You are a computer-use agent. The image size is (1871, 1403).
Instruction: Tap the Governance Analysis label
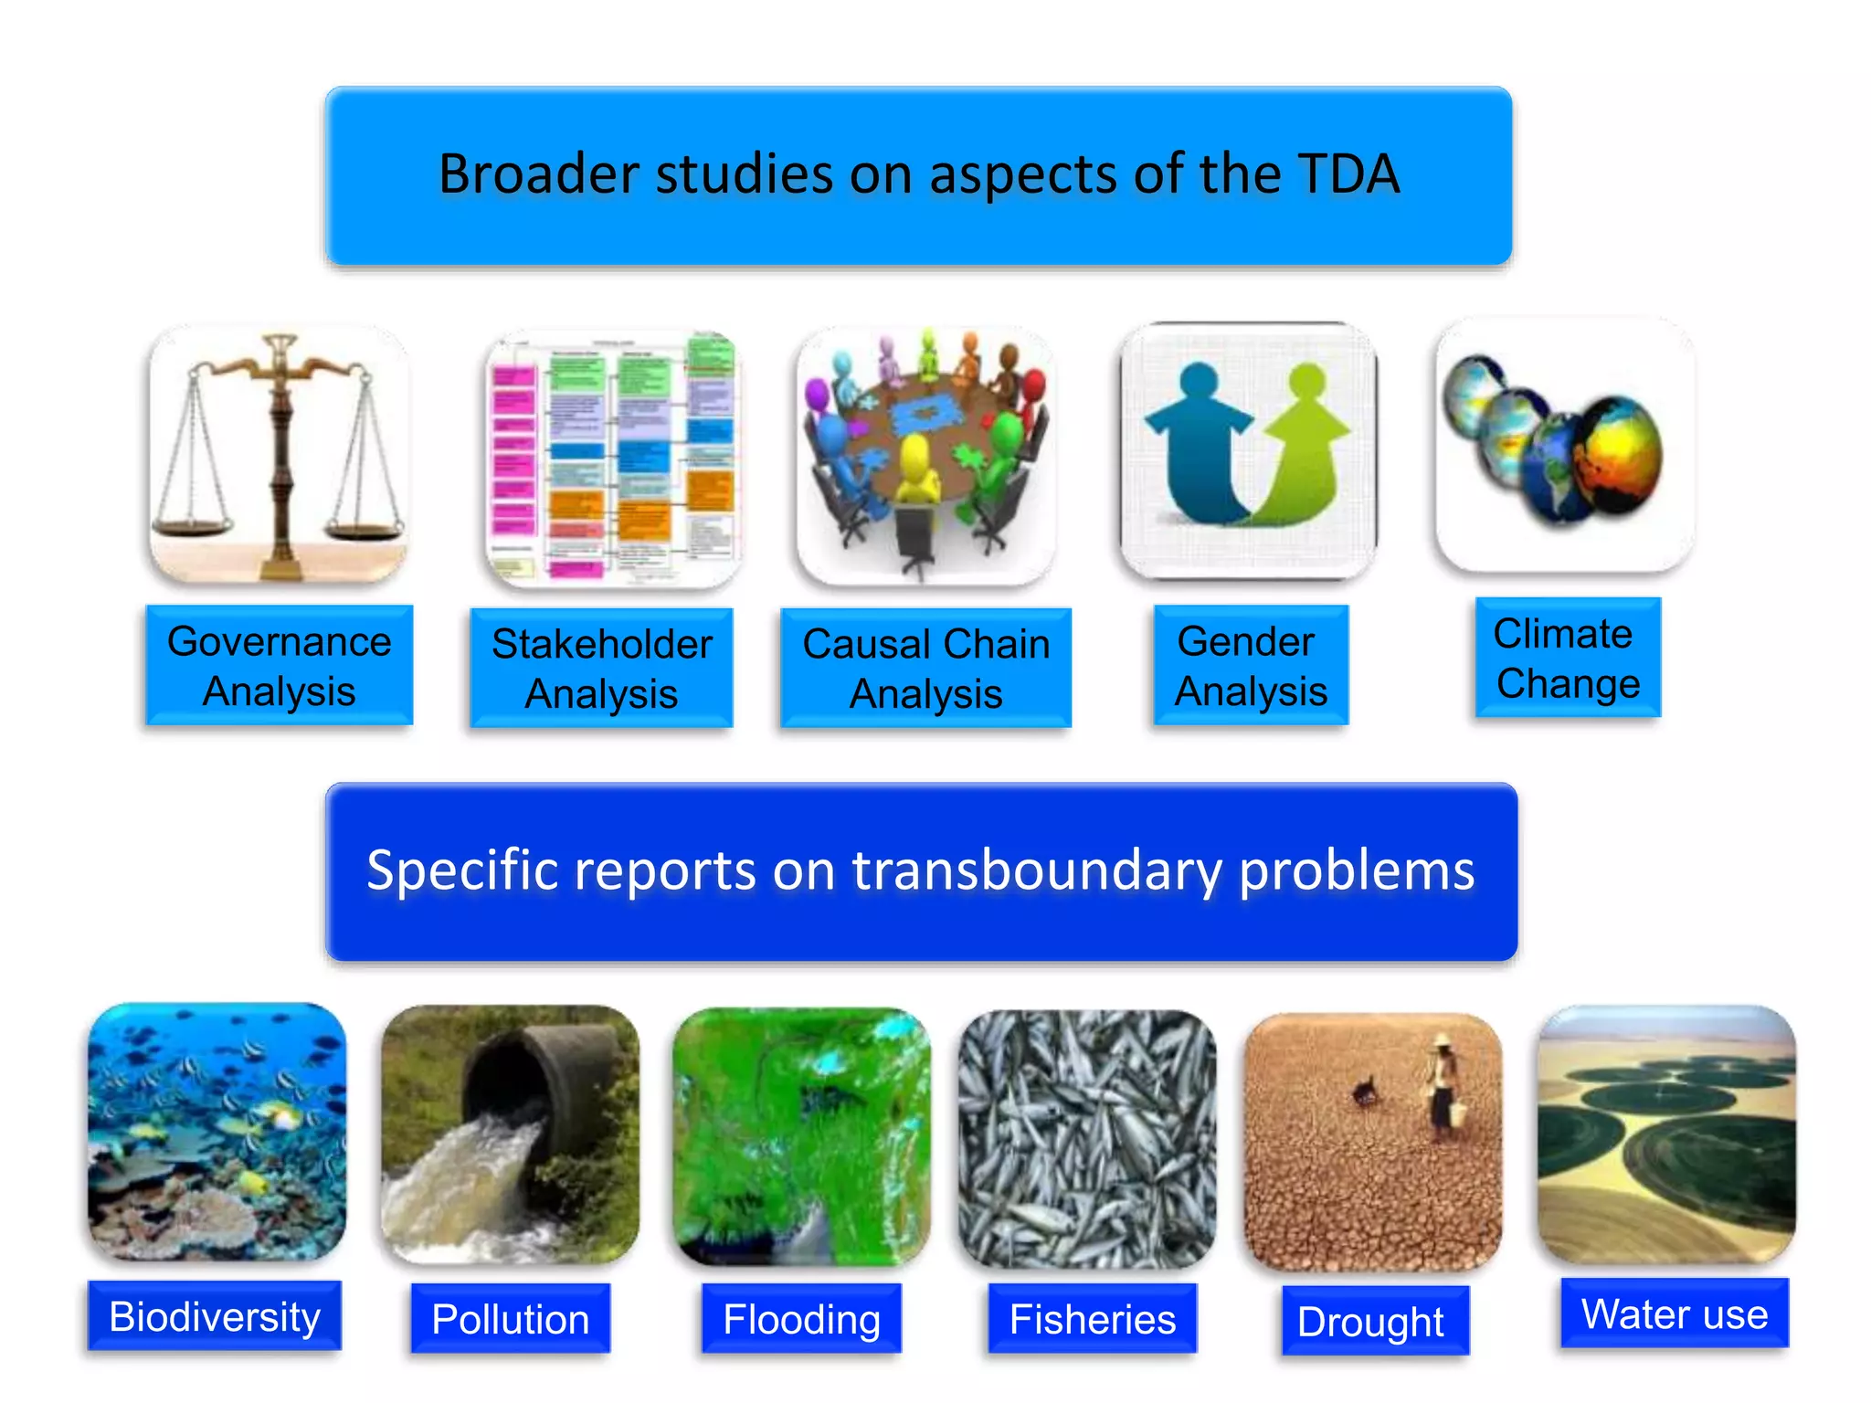pos(279,666)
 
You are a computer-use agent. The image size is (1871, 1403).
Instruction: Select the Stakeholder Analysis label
pos(601,669)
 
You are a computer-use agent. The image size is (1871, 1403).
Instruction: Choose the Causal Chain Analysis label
pos(925,669)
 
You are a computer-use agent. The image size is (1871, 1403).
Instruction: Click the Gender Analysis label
pos(1250,666)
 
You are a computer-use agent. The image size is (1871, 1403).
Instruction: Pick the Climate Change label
pos(1567,659)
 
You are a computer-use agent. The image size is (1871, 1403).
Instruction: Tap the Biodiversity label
pos(215,1316)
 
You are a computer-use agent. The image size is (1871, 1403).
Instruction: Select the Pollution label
pos(510,1319)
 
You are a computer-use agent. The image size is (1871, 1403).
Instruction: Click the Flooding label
pos(801,1319)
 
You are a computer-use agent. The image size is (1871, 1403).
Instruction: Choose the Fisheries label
pos(1092,1319)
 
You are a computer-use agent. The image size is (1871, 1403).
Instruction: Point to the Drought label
pos(1370,1321)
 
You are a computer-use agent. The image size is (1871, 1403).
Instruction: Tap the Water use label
pos(1674,1314)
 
